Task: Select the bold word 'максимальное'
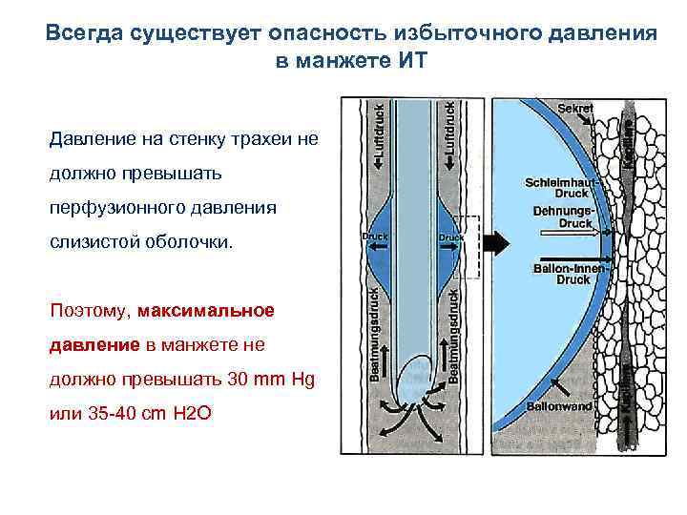[206, 311]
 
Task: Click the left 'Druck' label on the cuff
[371, 235]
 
